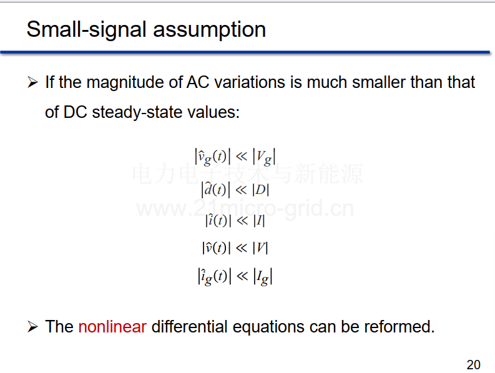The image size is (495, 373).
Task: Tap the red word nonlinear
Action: [112, 326]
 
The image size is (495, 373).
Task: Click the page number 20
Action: [473, 365]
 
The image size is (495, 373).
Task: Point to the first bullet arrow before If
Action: [32, 82]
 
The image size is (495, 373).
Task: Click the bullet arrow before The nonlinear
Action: [32, 327]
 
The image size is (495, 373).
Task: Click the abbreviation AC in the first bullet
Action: [198, 82]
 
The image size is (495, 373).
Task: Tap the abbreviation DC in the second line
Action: [75, 112]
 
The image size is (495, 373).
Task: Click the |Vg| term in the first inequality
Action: [264, 157]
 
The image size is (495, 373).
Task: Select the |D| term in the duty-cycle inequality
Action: [260, 190]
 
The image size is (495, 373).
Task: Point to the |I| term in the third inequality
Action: [259, 221]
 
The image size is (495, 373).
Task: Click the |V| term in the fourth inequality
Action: [260, 248]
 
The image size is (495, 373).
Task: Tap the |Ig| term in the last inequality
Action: [263, 277]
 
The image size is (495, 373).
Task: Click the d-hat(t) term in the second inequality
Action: [215, 190]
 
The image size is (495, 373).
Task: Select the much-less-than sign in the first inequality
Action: [242, 157]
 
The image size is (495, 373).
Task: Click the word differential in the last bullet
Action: [189, 326]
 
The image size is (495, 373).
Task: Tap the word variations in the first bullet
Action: [250, 82]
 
